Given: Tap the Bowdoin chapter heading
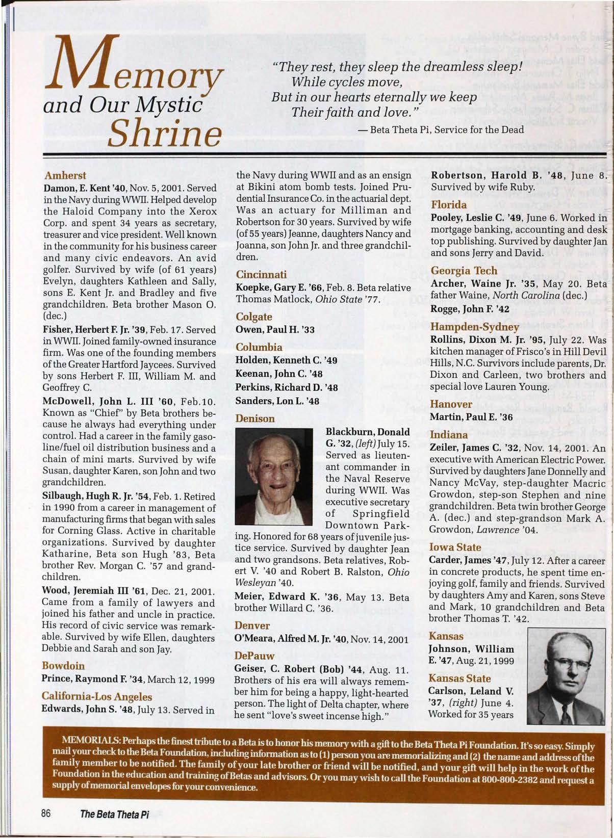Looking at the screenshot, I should (63, 666).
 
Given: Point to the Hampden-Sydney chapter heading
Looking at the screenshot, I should (474, 327).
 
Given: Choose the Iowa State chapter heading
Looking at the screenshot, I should (455, 547).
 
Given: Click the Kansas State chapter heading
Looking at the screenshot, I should (459, 678).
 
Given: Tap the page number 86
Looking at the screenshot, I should (47, 814).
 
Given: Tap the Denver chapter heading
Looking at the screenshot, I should (252, 625).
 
